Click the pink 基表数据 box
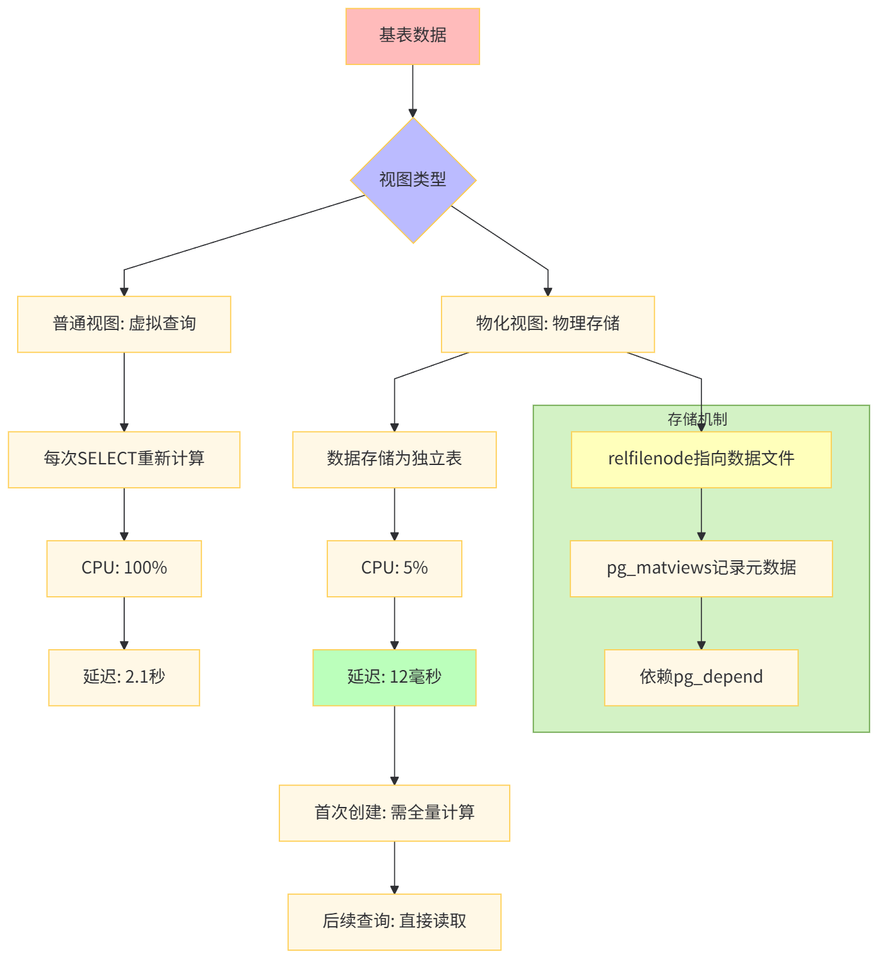pos(413,36)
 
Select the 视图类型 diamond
pos(413,180)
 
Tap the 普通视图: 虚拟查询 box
pos(124,324)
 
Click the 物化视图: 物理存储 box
pos(547,324)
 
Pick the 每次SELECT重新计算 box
pos(124,459)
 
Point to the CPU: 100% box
pos(124,568)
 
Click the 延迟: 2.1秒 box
pos(124,677)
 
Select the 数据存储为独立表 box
pos(394,459)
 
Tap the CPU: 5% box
pos(394,568)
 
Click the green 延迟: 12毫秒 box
pos(394,677)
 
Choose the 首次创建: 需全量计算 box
pos(394,813)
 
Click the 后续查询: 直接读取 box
pos(394,921)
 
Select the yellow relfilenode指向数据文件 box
pos(701,459)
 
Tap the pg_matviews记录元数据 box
pos(701,568)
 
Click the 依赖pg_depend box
pos(701,677)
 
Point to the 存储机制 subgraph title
pos(697,419)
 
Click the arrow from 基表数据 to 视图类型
pos(413,91)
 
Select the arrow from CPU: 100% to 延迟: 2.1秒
pos(124,623)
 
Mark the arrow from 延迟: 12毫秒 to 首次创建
pos(394,744)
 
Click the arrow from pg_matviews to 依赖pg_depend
pos(701,623)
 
